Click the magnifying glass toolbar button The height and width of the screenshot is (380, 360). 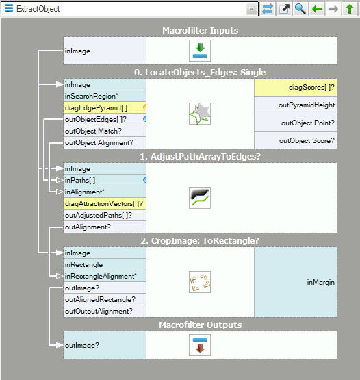click(x=300, y=9)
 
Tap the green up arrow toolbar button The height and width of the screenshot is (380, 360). click(x=350, y=9)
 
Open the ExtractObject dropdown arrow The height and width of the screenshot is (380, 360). click(x=251, y=9)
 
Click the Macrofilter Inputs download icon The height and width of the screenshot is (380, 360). click(x=200, y=51)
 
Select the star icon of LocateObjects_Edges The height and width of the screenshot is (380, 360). click(x=200, y=114)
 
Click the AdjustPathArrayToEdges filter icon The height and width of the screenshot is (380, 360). click(x=200, y=198)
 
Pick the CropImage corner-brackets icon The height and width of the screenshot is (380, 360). click(x=200, y=282)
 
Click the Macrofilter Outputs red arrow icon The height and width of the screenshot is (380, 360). click(x=200, y=345)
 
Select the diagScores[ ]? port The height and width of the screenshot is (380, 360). click(x=296, y=87)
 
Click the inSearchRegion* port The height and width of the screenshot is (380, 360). click(x=105, y=97)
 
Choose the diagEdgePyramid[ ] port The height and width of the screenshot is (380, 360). click(x=105, y=108)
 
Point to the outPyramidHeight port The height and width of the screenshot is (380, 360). click(x=296, y=105)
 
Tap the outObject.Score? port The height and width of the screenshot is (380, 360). click(x=296, y=140)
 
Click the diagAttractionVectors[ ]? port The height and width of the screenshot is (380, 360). click(x=105, y=204)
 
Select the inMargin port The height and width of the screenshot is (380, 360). click(x=296, y=282)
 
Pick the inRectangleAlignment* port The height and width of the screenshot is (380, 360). click(x=105, y=277)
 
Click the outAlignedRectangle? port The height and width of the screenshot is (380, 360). click(x=105, y=299)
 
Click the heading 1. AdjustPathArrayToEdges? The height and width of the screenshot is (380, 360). click(x=200, y=157)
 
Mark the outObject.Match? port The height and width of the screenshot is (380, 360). click(x=105, y=131)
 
